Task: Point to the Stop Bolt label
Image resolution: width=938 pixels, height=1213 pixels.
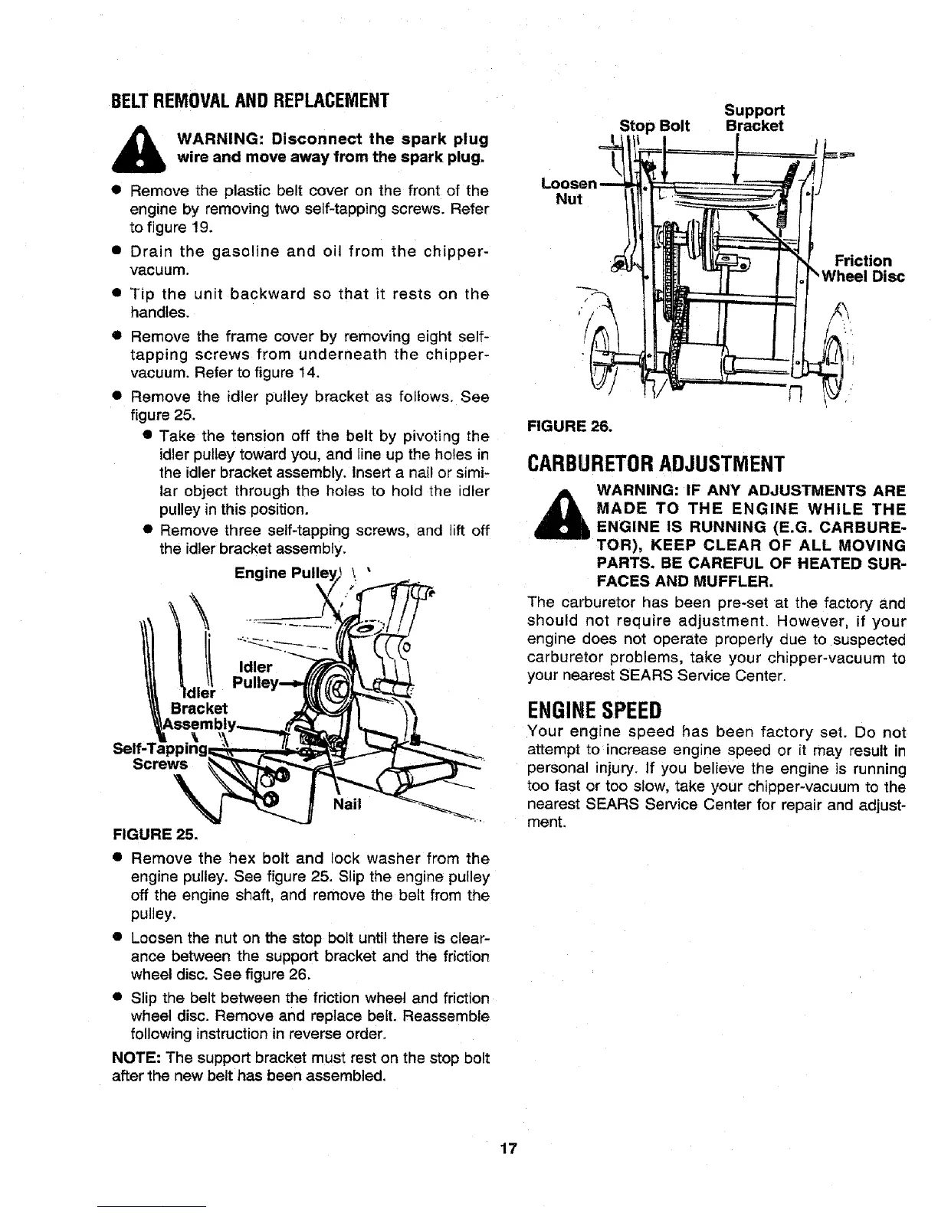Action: point(654,126)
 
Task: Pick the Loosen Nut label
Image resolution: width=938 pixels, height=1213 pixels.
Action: point(568,191)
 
